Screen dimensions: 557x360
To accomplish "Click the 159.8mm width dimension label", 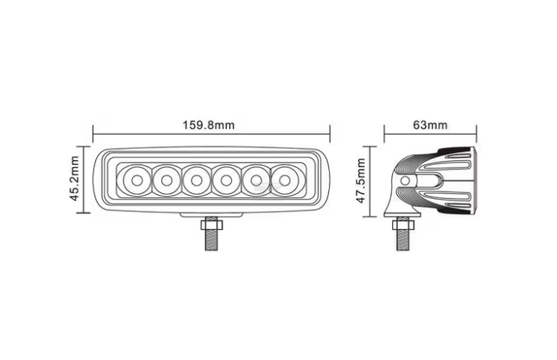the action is coord(209,125).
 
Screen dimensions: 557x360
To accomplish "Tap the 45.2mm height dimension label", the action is coord(74,178).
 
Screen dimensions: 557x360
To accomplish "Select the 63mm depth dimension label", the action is coord(430,125).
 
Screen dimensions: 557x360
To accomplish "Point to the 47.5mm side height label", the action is coord(360,180).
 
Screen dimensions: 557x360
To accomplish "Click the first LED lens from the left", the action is coord(137,180).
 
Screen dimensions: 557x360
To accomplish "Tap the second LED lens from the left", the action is coord(166,180).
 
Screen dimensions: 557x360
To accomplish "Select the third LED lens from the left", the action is coord(196,180).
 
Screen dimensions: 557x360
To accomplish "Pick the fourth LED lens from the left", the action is coord(226,180).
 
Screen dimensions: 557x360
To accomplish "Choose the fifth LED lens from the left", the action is coord(255,180).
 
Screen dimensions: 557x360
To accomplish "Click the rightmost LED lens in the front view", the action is coord(284,180).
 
